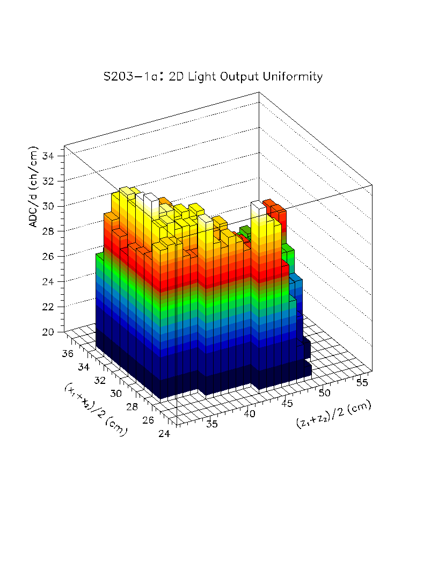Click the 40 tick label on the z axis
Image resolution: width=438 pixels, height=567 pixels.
[249, 414]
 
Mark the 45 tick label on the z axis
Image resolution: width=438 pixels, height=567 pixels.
[287, 403]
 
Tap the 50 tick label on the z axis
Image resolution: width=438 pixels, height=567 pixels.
[324, 392]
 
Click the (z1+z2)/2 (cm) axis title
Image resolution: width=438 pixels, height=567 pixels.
[333, 415]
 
